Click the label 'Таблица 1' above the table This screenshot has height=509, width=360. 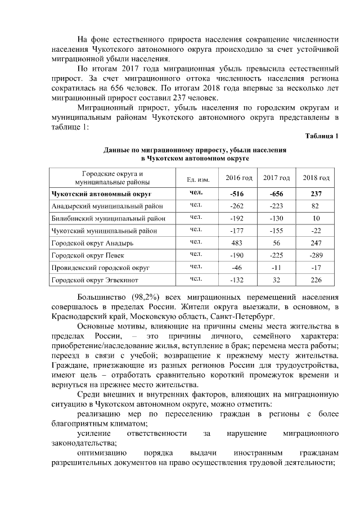[x=322, y=137]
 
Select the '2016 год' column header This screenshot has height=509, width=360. [x=239, y=178]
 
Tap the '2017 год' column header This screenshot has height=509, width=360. [x=276, y=178]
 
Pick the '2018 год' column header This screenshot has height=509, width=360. [x=316, y=178]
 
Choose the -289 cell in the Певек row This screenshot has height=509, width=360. [x=316, y=255]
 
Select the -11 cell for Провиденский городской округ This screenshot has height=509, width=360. [x=276, y=267]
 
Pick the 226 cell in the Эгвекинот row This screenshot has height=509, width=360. [x=316, y=280]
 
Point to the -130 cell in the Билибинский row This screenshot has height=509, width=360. [x=276, y=218]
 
